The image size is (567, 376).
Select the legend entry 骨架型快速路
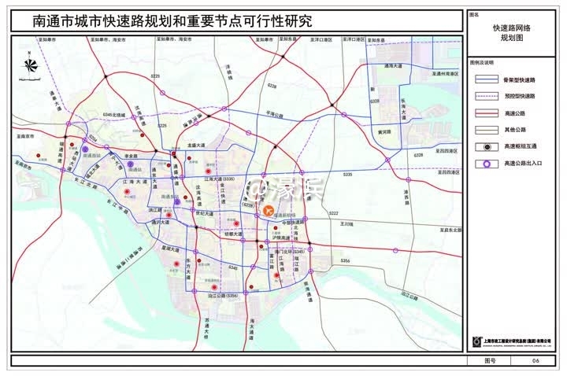coord(517,79)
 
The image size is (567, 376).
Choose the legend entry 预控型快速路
coord(517,96)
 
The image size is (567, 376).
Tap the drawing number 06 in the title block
coord(535,360)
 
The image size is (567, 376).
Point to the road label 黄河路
coord(384,131)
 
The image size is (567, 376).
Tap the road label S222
coord(333,213)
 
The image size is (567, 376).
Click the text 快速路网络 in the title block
coord(511,28)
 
